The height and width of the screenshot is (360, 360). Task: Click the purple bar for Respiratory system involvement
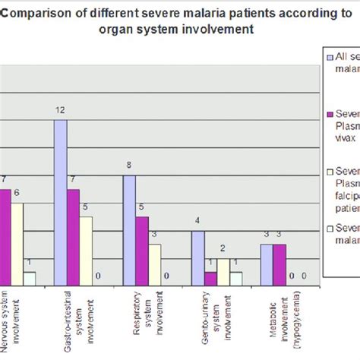pyautogui.click(x=142, y=251)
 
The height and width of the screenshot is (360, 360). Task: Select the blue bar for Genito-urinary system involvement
pyautogui.click(x=198, y=258)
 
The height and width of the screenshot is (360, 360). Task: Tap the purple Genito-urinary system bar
pyautogui.click(x=210, y=278)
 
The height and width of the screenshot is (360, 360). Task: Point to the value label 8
pyautogui.click(x=129, y=166)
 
